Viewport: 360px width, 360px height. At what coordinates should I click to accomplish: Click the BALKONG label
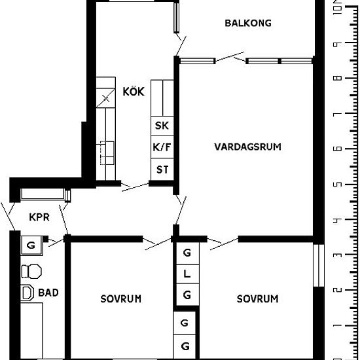pyautogui.click(x=248, y=23)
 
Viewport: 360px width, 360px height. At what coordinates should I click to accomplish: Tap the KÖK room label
pyautogui.click(x=134, y=91)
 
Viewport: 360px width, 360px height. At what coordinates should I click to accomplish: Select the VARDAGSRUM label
pyautogui.click(x=247, y=147)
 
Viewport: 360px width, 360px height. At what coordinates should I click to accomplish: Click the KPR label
pyautogui.click(x=39, y=217)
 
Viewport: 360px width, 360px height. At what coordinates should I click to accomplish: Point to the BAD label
pyautogui.click(x=48, y=293)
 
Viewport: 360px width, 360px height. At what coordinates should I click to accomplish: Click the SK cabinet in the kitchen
pyautogui.click(x=162, y=126)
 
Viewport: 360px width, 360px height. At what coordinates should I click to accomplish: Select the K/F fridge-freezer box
pyautogui.click(x=162, y=147)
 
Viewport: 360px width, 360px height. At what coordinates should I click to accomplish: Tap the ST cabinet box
pyautogui.click(x=162, y=170)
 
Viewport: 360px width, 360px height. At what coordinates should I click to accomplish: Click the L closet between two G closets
pyautogui.click(x=187, y=274)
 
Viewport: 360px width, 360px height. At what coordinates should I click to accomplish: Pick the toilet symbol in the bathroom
pyautogui.click(x=31, y=272)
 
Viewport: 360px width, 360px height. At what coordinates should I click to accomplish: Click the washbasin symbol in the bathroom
pyautogui.click(x=27, y=293)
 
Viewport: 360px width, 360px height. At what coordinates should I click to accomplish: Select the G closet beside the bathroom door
pyautogui.click(x=31, y=245)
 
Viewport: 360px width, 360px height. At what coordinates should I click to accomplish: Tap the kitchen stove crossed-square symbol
pyautogui.click(x=105, y=98)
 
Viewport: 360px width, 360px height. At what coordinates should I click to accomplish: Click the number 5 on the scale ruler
pyautogui.click(x=337, y=185)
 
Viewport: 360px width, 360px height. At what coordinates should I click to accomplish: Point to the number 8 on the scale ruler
pyautogui.click(x=337, y=79)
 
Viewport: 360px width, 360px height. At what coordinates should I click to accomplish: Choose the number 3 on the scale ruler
pyautogui.click(x=337, y=255)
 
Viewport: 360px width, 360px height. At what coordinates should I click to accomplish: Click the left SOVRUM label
pyautogui.click(x=121, y=298)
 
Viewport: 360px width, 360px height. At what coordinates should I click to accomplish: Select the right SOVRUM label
pyautogui.click(x=257, y=298)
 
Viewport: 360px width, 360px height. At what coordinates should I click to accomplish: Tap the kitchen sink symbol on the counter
pyautogui.click(x=107, y=153)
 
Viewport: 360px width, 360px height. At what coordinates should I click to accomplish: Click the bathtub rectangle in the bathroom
pyautogui.click(x=31, y=331)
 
